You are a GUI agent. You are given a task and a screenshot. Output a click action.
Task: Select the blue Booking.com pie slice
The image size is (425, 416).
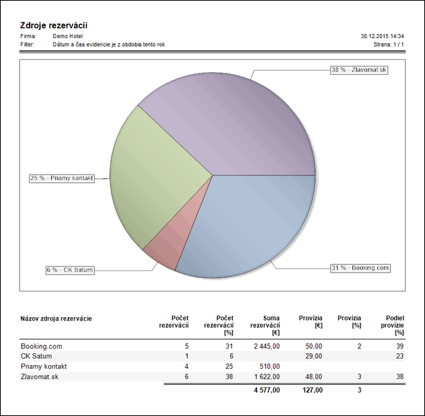[x=254, y=219]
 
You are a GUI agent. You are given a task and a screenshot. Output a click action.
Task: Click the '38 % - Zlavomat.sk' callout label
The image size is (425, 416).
[x=359, y=70]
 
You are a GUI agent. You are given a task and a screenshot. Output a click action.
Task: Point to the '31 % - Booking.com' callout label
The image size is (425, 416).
[x=360, y=268]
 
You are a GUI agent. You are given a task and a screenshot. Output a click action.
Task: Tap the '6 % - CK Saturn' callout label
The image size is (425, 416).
[x=70, y=270]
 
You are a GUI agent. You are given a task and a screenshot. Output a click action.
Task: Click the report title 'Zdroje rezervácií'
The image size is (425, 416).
[x=54, y=25]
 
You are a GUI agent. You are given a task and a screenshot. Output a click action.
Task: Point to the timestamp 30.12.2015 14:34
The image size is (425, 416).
[x=382, y=35]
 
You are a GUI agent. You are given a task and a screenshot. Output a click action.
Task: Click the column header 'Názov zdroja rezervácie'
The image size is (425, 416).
[x=56, y=319]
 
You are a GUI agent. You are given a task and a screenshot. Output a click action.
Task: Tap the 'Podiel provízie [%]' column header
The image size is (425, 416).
[x=390, y=325]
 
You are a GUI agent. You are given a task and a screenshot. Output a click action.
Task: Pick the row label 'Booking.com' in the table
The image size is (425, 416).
[x=41, y=346]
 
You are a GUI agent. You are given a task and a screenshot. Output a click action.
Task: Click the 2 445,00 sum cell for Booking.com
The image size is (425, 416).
[x=265, y=346]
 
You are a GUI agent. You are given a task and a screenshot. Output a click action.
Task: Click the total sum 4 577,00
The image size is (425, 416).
[x=265, y=389]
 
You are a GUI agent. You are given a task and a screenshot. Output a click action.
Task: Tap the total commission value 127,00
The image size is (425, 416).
[x=311, y=389]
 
